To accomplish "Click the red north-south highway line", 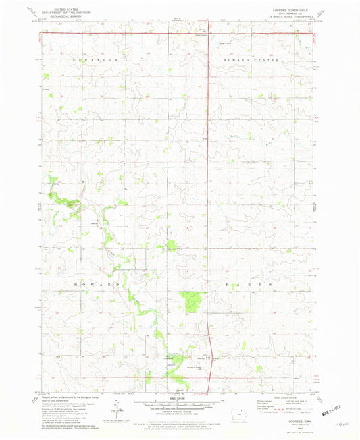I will click(x=208, y=202).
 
